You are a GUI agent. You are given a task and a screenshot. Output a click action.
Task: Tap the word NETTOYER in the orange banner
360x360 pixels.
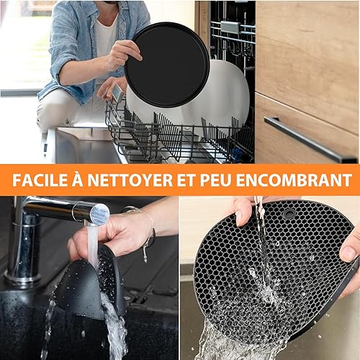coord(130,180)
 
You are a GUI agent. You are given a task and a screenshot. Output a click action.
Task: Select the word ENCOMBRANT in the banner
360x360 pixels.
coord(294,180)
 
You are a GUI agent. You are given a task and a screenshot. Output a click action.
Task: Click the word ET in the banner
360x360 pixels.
coord(186,180)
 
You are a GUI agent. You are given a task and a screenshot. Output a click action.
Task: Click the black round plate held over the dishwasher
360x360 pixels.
coord(167,65)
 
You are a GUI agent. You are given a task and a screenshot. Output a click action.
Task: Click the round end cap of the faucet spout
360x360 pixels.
coord(99,214)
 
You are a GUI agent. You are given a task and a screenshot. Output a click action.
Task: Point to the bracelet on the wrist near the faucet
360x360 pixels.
coord(149,230)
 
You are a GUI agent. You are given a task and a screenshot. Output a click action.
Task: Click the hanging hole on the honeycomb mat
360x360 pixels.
coord(288,213)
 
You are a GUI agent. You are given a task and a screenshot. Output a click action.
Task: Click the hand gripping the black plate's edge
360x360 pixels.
coord(122,55)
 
